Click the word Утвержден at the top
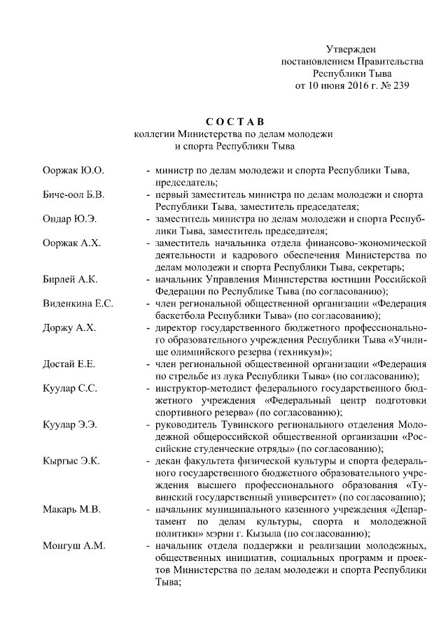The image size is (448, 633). point(351,49)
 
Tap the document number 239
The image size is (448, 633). point(398,86)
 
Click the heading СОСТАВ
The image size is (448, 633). point(234,122)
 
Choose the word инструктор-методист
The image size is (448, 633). point(203,389)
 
